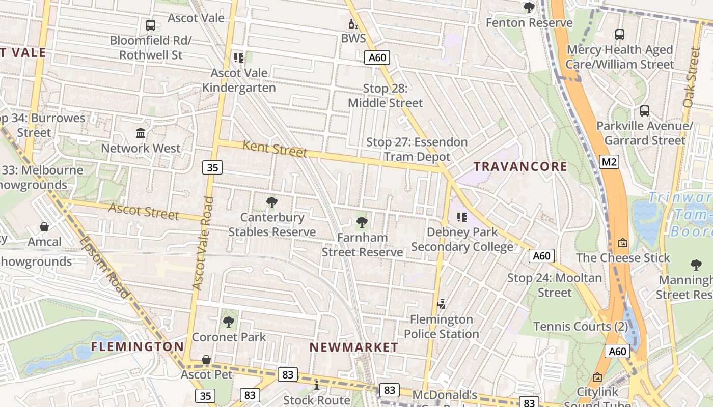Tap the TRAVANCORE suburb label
click(520, 166)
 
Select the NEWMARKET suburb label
click(354, 347)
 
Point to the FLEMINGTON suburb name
click(138, 346)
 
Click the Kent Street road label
click(275, 149)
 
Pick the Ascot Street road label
click(144, 211)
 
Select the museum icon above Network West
click(141, 133)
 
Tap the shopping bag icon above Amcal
click(44, 227)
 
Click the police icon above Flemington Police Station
click(442, 304)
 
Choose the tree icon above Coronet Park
click(229, 322)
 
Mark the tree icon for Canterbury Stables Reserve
click(272, 202)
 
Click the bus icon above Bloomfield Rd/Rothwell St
click(150, 25)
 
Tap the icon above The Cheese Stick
click(622, 243)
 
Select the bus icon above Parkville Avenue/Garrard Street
click(644, 110)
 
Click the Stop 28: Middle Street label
click(385, 96)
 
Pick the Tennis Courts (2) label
click(581, 327)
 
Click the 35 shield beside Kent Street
click(212, 167)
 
